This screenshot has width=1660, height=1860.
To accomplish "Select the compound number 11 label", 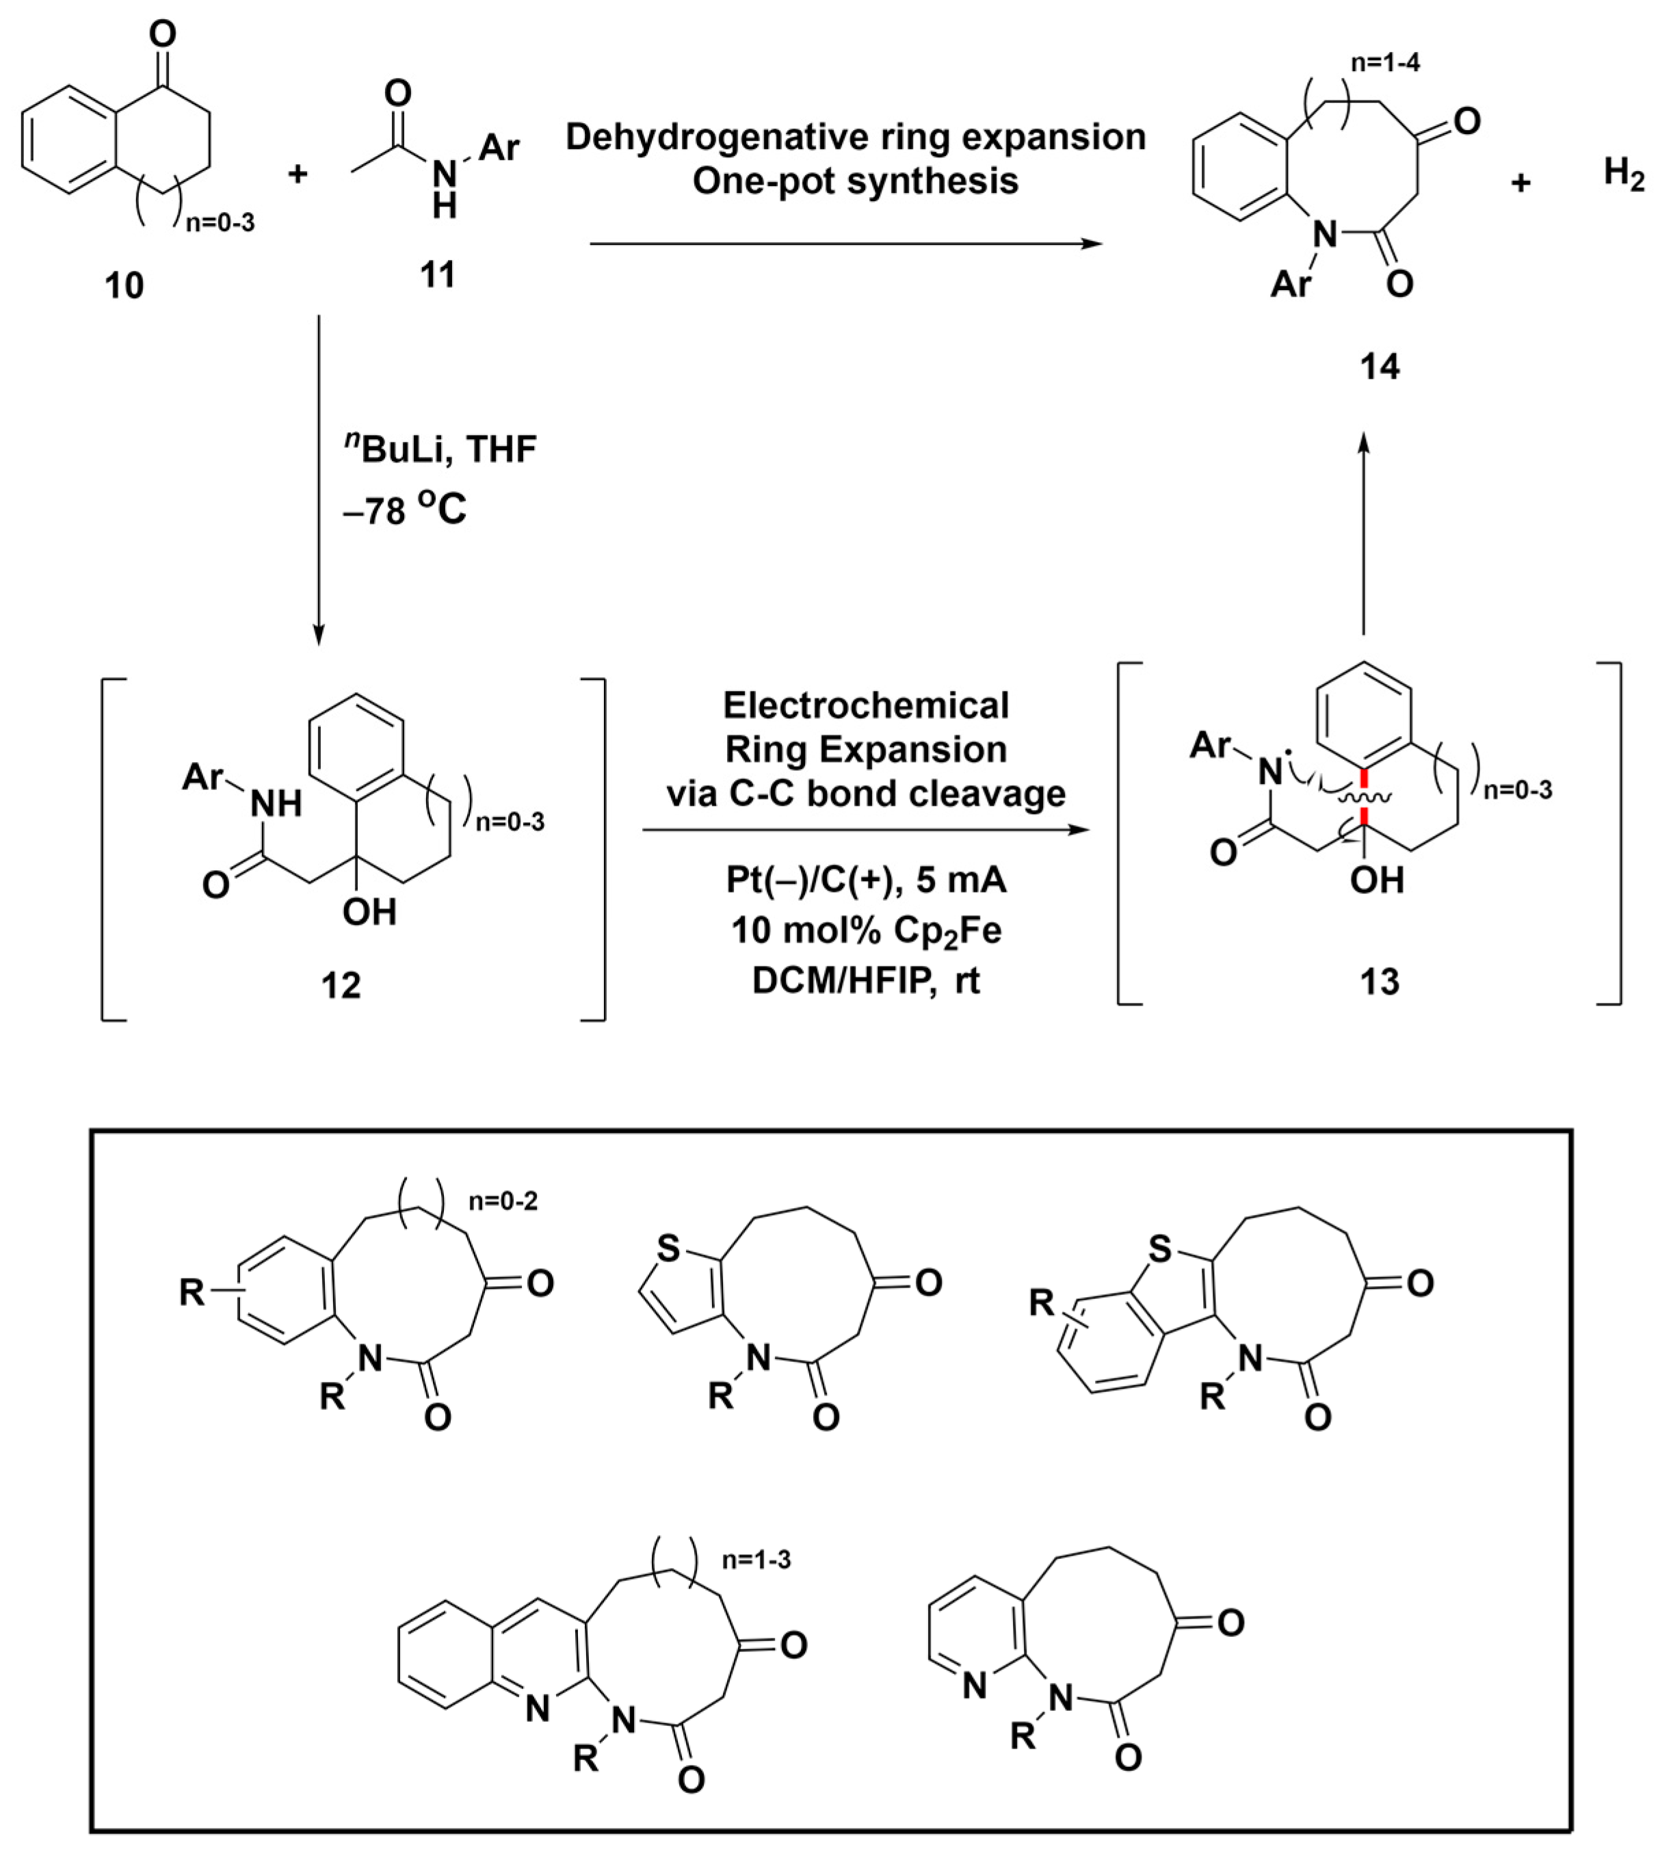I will click(x=437, y=274).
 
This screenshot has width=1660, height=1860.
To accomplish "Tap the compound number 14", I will click(x=1379, y=367).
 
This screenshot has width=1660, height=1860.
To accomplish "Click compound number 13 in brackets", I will click(x=1379, y=982).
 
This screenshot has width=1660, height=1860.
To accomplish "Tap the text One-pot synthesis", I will click(x=855, y=181).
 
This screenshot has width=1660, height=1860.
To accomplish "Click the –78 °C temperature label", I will click(x=404, y=509).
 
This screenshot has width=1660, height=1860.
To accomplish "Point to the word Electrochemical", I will click(x=866, y=705).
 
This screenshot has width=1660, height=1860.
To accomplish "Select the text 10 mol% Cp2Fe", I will click(x=866, y=930).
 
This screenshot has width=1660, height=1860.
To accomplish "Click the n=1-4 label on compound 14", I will click(x=1384, y=63).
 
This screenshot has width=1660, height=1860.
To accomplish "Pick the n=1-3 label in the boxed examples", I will click(x=756, y=1559).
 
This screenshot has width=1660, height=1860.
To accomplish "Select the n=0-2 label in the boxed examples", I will click(x=503, y=1201).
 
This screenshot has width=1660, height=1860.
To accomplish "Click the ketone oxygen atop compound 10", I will click(x=162, y=35).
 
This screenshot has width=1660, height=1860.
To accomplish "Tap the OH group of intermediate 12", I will click(x=369, y=911).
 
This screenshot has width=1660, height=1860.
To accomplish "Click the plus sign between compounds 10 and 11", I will click(x=298, y=173).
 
